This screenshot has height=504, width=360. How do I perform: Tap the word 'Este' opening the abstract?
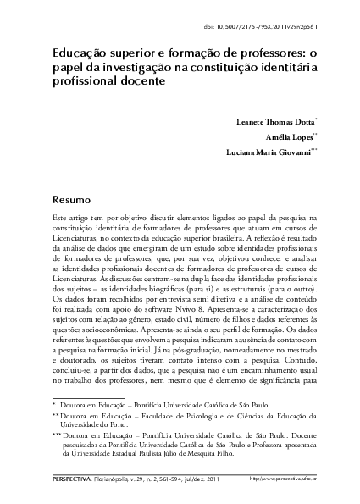tap(36, 219)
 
